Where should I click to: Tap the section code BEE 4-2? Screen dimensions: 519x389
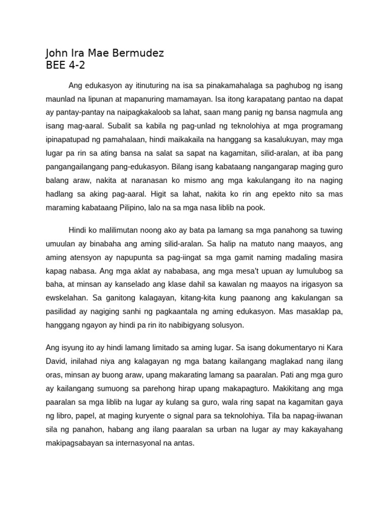[66, 65]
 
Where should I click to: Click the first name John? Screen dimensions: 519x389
[57, 53]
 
